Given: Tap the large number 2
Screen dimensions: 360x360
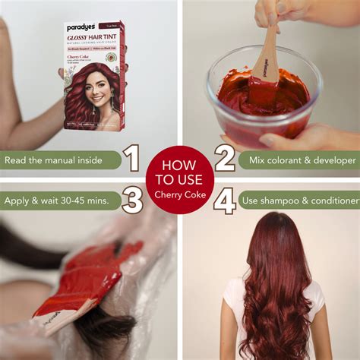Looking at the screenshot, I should (x=225, y=158).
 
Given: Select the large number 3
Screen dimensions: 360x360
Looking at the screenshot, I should (x=132, y=201).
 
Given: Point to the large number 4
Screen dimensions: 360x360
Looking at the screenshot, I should (x=225, y=201).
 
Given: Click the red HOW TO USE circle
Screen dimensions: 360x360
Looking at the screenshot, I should (x=179, y=179).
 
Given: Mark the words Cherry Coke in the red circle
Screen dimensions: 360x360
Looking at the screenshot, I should (x=179, y=194).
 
